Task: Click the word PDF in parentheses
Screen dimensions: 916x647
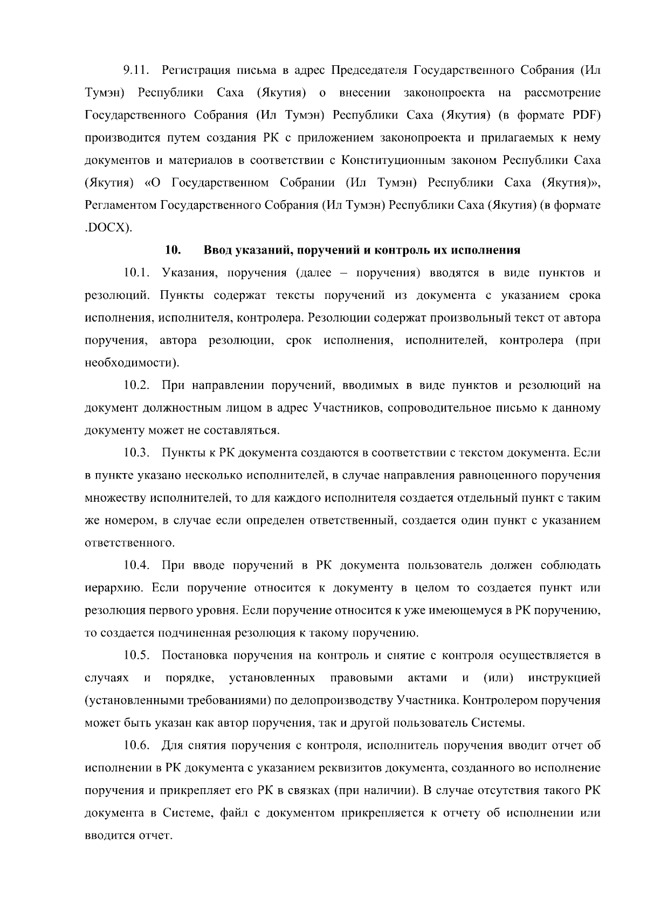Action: click(x=587, y=115)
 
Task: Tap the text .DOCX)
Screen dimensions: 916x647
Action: click(x=108, y=228)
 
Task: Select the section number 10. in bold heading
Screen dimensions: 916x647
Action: click(x=172, y=250)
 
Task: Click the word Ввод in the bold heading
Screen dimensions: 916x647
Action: click(x=219, y=250)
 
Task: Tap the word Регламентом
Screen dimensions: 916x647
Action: click(x=121, y=206)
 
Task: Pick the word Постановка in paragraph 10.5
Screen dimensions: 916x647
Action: click(x=192, y=656)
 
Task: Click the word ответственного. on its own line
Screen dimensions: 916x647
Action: click(x=130, y=543)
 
